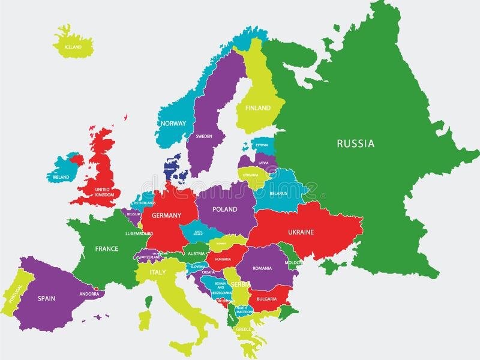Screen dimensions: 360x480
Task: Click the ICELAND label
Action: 74,47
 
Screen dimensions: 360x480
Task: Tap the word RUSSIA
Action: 355,143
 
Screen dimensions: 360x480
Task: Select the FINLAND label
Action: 257,108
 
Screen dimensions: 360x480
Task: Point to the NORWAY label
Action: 173,124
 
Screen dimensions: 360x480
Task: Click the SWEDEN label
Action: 203,136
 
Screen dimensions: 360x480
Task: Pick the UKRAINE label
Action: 301,232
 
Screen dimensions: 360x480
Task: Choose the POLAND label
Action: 225,209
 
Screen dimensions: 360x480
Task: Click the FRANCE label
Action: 106,248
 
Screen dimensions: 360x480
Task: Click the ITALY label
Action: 157,272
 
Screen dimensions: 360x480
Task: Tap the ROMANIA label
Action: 266,268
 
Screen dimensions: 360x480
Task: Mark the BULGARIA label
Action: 266,299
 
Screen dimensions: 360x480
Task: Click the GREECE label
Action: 244,329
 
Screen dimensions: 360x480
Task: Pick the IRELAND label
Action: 61,177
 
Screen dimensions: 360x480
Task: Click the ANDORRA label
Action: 89,294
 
